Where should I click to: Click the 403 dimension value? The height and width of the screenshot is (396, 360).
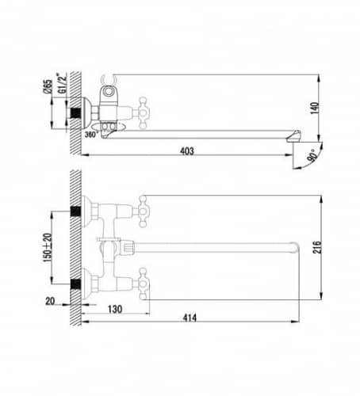point(187,151)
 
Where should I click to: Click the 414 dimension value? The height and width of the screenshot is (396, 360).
point(190,318)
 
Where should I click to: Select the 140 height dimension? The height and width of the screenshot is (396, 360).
point(315,108)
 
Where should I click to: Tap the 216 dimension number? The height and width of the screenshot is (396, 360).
point(317,247)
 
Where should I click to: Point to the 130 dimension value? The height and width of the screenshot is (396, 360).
point(115,309)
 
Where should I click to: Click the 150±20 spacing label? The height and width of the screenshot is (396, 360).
point(48,248)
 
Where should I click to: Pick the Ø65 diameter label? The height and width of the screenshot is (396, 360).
point(48,86)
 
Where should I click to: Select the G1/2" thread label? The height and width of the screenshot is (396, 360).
point(63,83)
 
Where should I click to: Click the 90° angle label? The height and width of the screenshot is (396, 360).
point(313,155)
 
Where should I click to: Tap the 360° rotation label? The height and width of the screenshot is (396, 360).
point(91,134)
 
